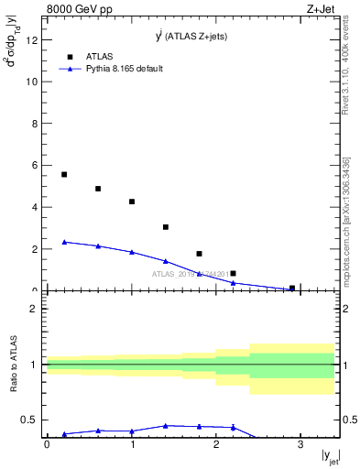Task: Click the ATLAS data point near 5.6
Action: [64, 174]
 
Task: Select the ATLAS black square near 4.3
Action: [132, 202]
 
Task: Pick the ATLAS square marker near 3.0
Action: [166, 227]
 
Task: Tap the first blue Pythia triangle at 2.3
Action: [64, 242]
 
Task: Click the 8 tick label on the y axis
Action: [38, 123]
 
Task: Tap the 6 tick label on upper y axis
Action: [38, 165]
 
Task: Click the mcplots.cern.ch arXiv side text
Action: [345, 220]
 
